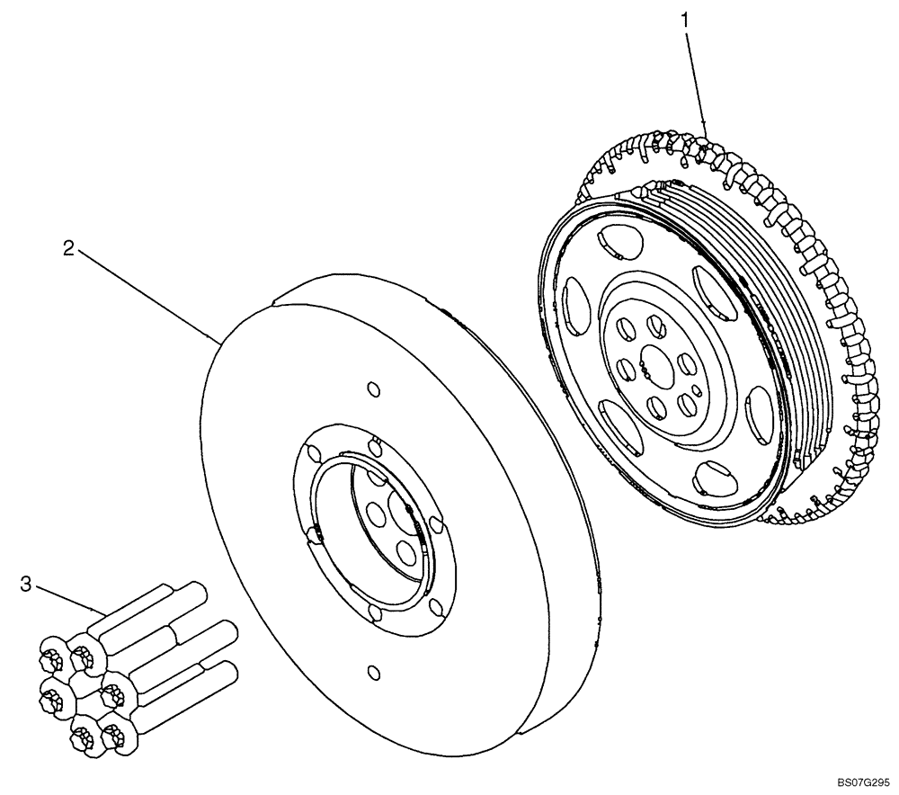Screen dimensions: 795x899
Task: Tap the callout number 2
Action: (68, 249)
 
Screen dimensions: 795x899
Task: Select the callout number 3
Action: (26, 585)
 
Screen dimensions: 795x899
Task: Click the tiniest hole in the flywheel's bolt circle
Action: (645, 366)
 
